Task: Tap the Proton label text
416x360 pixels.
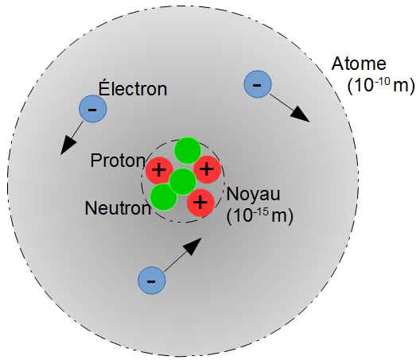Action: coord(118,161)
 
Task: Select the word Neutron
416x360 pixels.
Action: coord(118,208)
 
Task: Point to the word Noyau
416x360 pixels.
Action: coord(253,195)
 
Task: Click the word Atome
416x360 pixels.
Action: coord(359,64)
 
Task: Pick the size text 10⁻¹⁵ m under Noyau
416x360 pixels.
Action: coord(260,216)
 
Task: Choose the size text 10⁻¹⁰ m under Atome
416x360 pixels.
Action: coord(381,86)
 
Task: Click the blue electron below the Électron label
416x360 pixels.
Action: coord(92,109)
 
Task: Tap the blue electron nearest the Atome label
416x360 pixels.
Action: coord(258,84)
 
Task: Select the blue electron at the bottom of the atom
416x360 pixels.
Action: coord(151,281)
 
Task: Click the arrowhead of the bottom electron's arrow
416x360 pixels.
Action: coord(193,246)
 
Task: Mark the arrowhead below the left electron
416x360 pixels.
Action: coord(68,145)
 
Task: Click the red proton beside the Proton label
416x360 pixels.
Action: coord(159,170)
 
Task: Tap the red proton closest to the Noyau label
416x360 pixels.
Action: coord(200,203)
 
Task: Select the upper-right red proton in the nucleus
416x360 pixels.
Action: coord(207,169)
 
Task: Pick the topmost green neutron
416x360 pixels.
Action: coord(188,150)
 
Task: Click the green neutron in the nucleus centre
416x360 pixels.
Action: coord(183,182)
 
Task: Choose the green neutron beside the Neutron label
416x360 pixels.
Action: coord(163,197)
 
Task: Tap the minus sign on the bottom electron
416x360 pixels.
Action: coord(151,281)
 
